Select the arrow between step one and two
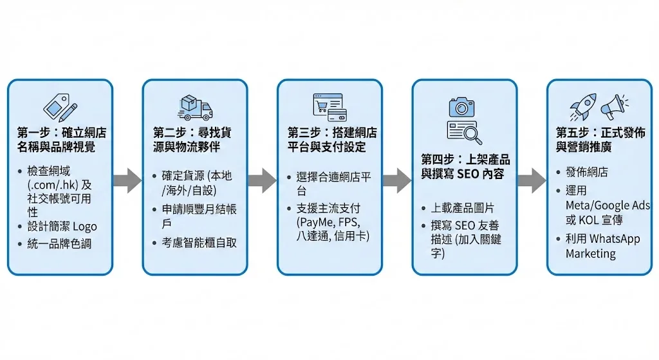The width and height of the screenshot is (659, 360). point(127,180)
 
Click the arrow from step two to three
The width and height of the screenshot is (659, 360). point(262,180)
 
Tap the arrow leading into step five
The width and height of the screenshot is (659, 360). point(532,180)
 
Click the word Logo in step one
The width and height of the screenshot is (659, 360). point(84,227)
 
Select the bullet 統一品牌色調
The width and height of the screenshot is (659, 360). point(59,244)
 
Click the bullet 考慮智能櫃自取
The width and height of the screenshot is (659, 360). point(194,243)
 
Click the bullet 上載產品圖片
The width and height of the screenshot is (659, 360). point(463,208)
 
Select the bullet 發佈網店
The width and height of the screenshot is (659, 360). point(586,173)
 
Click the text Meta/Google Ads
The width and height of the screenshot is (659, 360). point(608,205)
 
